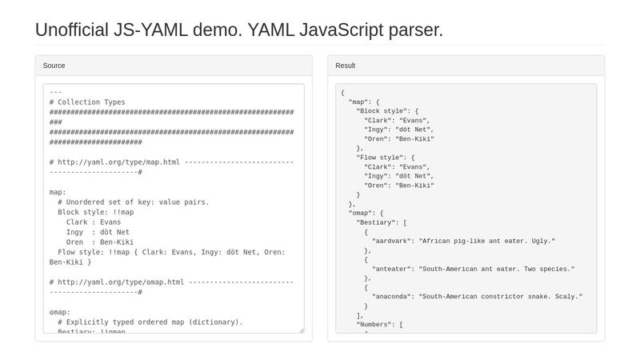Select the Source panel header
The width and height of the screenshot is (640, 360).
click(54, 66)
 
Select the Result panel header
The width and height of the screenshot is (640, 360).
click(346, 66)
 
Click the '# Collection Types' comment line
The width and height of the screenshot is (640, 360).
click(87, 102)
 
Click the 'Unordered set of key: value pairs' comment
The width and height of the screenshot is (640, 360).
click(133, 202)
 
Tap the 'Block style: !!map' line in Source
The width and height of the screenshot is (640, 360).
click(95, 212)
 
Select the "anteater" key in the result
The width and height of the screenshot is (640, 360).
click(394, 269)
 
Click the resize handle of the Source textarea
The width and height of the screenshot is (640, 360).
click(301, 330)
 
